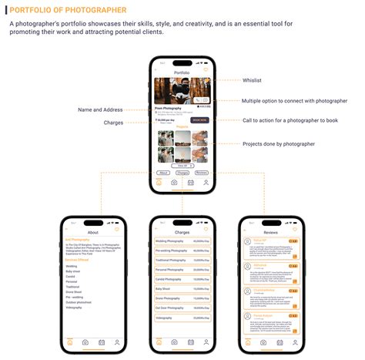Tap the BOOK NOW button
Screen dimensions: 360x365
pos(199,120)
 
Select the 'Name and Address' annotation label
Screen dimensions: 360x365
pos(102,109)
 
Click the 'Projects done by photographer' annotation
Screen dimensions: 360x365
pos(279,144)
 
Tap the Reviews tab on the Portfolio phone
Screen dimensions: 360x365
pos(201,173)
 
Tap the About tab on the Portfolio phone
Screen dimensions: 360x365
pos(163,173)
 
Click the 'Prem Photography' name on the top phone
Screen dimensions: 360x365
pos(169,108)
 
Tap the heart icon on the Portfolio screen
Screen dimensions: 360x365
pos(206,72)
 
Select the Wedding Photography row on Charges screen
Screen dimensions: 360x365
pos(182,241)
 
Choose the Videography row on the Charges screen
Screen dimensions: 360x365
pos(182,318)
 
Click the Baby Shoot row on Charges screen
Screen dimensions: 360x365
pos(182,289)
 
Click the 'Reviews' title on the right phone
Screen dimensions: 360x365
pos(271,231)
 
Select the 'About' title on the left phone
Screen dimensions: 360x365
pos(92,231)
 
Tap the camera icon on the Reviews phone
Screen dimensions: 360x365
pos(263,341)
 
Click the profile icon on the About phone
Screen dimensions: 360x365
pos(117,341)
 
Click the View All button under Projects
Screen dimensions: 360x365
pos(182,166)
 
